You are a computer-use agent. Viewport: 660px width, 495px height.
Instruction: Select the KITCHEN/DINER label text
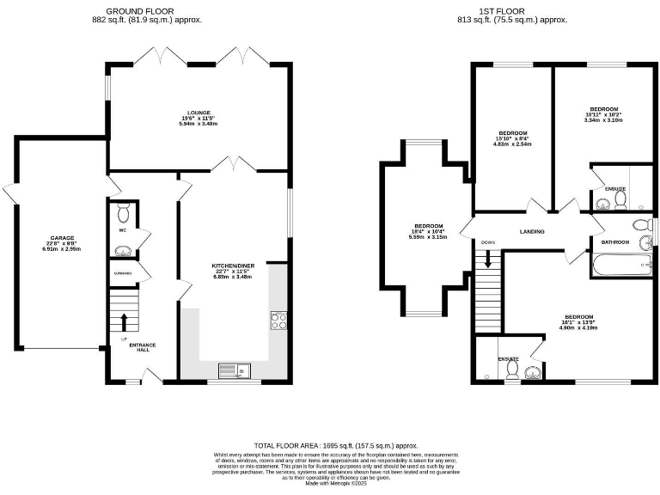(x=231, y=266)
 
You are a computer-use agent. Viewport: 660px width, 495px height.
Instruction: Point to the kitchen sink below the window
(x=231, y=370)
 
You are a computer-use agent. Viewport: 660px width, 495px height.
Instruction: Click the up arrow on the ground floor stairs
(x=124, y=322)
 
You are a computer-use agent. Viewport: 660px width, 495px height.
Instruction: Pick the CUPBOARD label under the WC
(x=122, y=273)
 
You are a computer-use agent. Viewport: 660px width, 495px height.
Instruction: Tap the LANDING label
(x=533, y=231)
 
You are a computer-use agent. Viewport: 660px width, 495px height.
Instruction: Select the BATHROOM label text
(x=615, y=242)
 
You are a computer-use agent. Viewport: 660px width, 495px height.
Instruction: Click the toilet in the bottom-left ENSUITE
(x=511, y=370)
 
